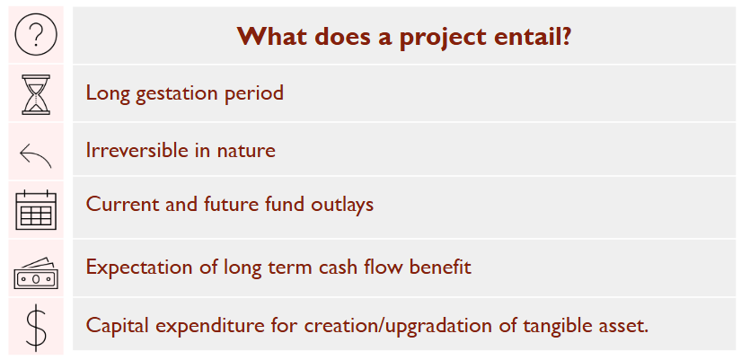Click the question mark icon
(x=36, y=34)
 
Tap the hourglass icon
(x=36, y=94)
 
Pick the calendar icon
(x=36, y=210)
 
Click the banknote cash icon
(x=36, y=274)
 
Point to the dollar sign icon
(x=37, y=327)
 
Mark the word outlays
(x=342, y=205)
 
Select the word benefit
(x=440, y=267)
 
